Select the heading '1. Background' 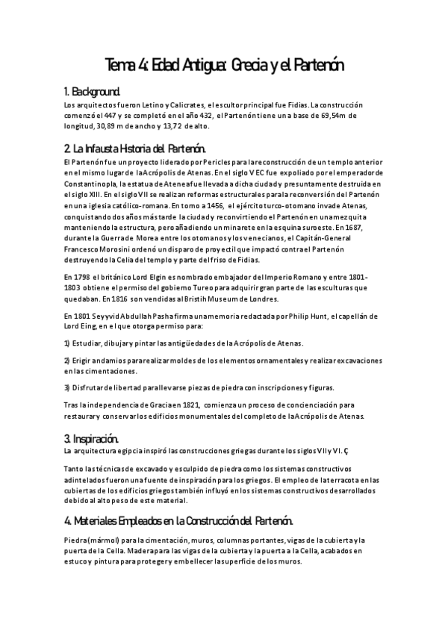tap(92, 92)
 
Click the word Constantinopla tap(90, 183)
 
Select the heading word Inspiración tap(96, 438)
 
